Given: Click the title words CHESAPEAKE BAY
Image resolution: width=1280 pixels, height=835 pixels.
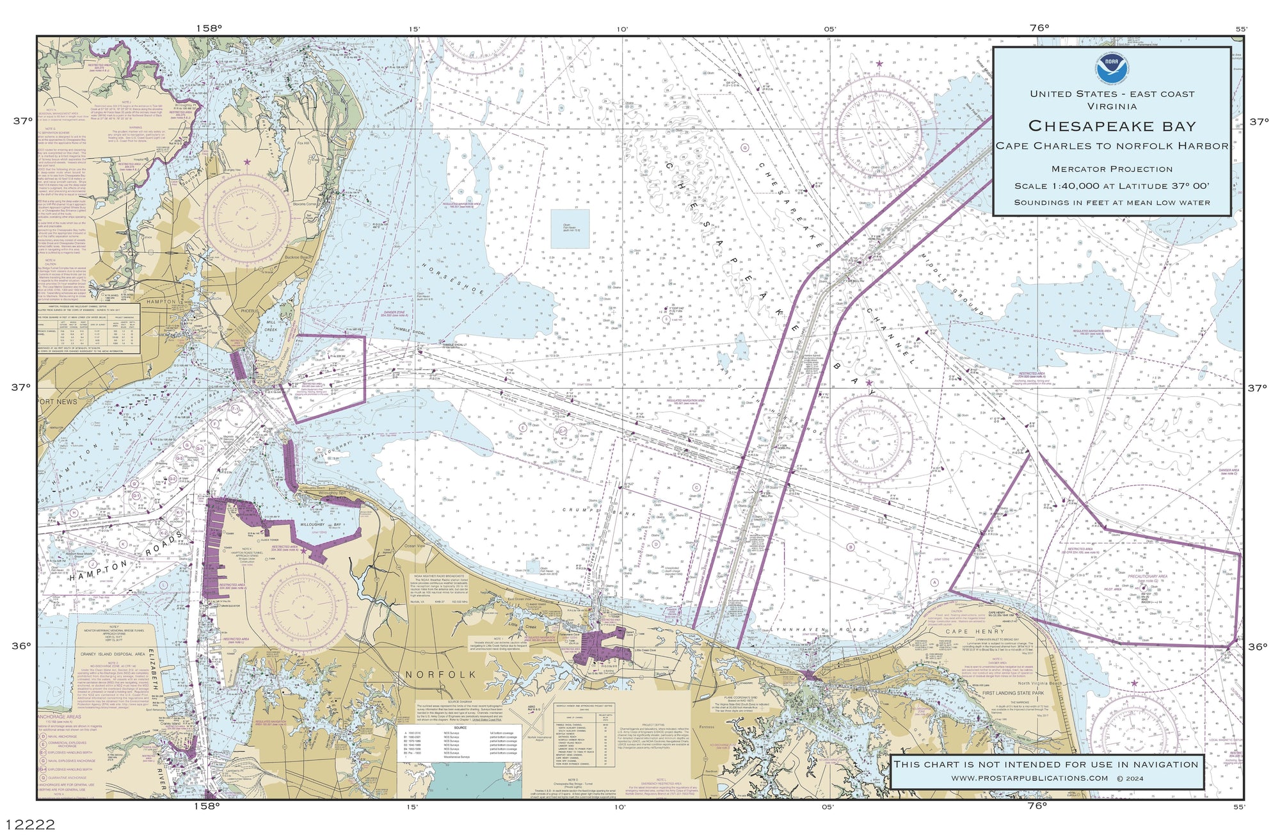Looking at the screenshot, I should pos(1112,126).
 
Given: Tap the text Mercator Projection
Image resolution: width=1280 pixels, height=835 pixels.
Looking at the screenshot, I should pos(1112,169).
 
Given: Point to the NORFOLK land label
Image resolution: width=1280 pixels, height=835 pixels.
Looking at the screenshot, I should pos(441,674).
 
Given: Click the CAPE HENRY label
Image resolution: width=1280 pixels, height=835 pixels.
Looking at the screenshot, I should pos(966,631).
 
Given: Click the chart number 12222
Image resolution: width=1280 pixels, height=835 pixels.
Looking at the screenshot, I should pos(30,823).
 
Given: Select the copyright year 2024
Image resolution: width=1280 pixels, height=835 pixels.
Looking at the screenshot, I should pos(1133,778).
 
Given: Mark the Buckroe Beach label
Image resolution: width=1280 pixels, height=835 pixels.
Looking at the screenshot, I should pos(299,257).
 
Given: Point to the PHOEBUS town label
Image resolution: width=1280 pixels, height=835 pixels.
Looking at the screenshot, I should pos(249,311).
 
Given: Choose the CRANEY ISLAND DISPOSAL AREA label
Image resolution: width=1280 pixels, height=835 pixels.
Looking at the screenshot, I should pos(113,654).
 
